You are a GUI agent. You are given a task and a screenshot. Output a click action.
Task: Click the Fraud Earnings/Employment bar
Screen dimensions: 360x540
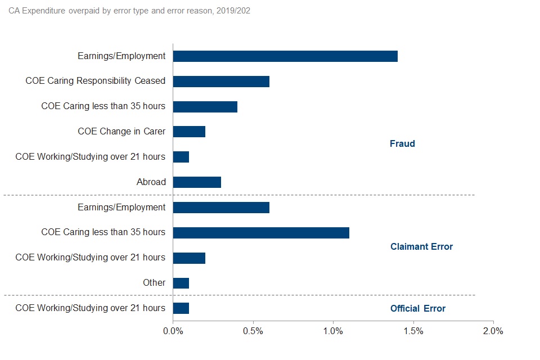(x=285, y=56)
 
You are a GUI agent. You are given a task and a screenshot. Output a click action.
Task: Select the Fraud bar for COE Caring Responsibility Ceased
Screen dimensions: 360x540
(x=221, y=81)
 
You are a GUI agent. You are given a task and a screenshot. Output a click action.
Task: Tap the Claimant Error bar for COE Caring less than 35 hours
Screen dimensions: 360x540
(x=261, y=232)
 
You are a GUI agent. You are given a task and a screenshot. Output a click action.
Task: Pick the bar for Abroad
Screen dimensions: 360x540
(x=197, y=182)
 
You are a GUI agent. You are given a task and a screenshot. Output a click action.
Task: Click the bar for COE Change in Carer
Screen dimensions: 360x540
(x=189, y=132)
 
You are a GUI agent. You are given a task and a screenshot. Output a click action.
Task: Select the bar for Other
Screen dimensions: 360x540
(x=181, y=283)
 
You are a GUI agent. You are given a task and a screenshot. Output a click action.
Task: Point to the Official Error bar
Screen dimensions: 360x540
(x=181, y=308)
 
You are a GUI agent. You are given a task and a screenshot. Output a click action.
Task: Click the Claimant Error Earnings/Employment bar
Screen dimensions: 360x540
(x=221, y=208)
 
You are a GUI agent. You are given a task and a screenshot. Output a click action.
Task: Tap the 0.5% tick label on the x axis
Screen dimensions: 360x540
(x=253, y=331)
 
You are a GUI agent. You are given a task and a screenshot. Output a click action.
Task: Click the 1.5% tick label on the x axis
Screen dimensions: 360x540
(x=413, y=331)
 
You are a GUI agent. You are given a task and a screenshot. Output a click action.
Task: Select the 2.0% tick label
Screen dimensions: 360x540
(x=493, y=331)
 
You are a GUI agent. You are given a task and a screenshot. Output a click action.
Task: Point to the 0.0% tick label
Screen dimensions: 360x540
(x=173, y=331)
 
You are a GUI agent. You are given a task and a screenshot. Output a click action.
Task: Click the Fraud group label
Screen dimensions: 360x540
(x=402, y=144)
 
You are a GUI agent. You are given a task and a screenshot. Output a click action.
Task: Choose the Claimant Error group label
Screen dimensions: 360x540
(x=421, y=247)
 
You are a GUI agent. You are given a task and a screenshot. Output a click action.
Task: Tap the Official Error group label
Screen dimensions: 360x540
(x=418, y=309)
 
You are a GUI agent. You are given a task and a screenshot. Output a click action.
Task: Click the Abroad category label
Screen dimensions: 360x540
(x=151, y=182)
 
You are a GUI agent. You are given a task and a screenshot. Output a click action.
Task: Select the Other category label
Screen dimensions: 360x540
(x=154, y=283)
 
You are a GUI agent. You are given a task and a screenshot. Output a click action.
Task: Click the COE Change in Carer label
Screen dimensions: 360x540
(x=121, y=132)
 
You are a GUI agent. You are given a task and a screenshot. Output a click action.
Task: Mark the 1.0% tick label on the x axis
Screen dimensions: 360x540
(x=333, y=331)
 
